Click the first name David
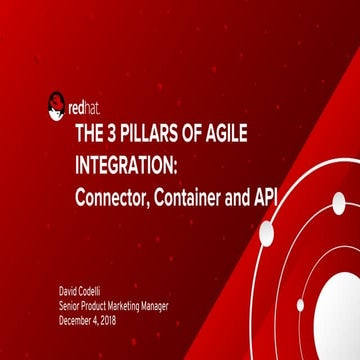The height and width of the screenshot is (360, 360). (x=71, y=291)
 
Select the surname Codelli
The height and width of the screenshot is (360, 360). (x=99, y=291)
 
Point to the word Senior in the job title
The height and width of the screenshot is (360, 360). (x=72, y=303)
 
